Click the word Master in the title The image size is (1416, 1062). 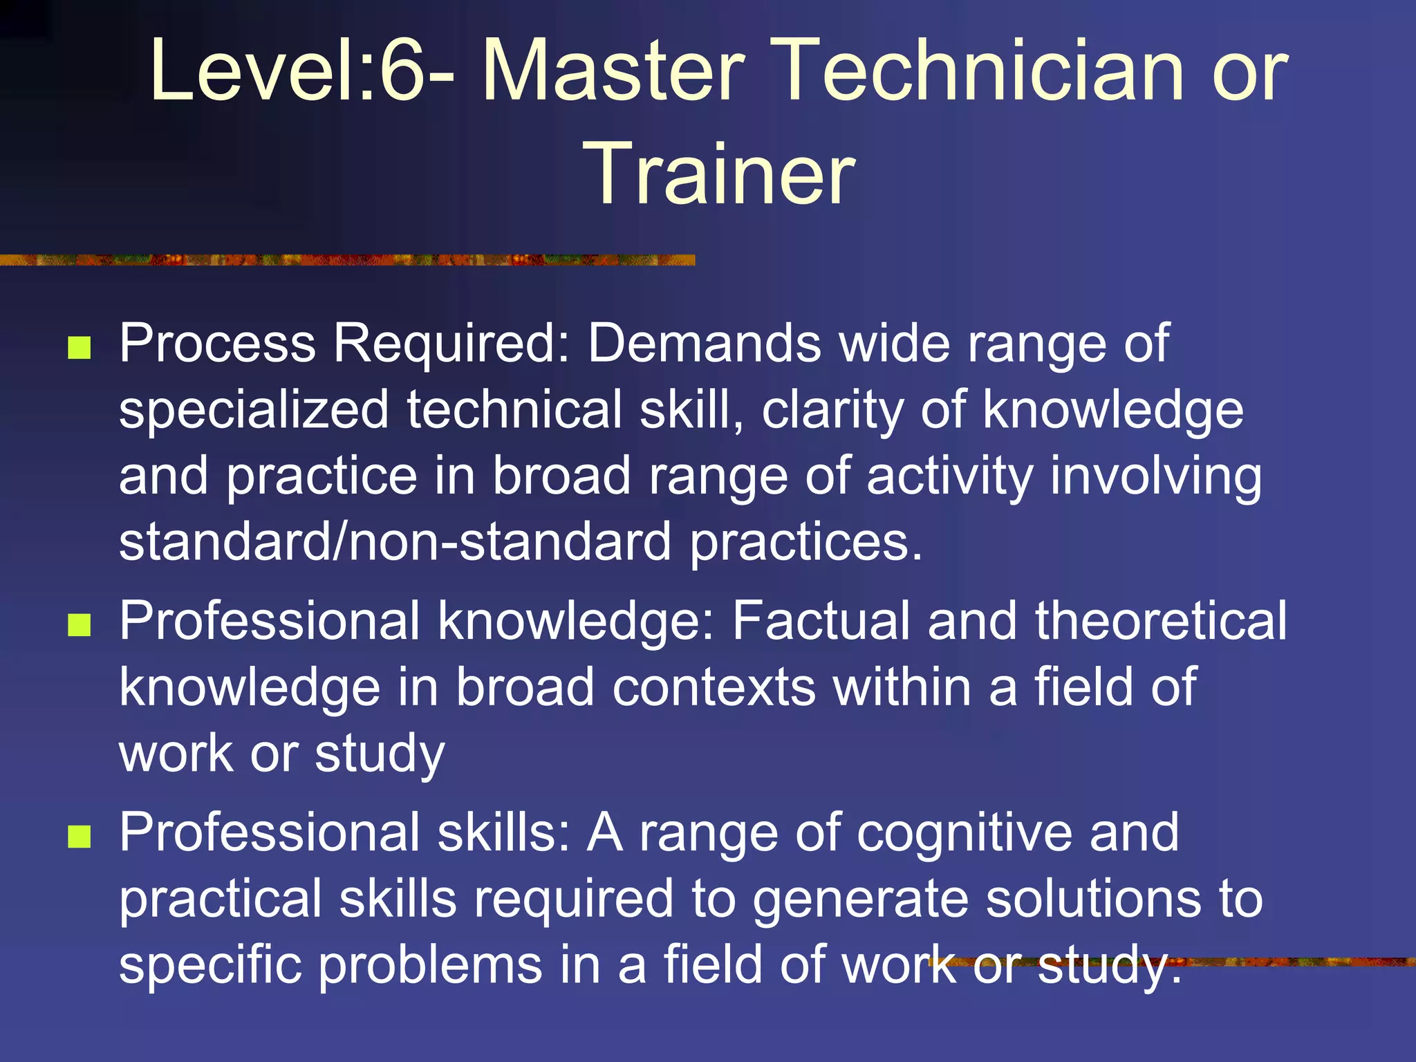click(612, 71)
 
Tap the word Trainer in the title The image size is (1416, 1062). click(719, 174)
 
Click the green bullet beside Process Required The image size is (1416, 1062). click(80, 348)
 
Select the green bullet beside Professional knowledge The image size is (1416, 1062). click(80, 625)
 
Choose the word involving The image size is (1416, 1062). click(1155, 476)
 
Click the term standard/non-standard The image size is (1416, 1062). click(395, 541)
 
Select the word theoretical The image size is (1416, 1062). click(1161, 620)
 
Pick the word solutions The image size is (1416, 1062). click(1093, 898)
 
